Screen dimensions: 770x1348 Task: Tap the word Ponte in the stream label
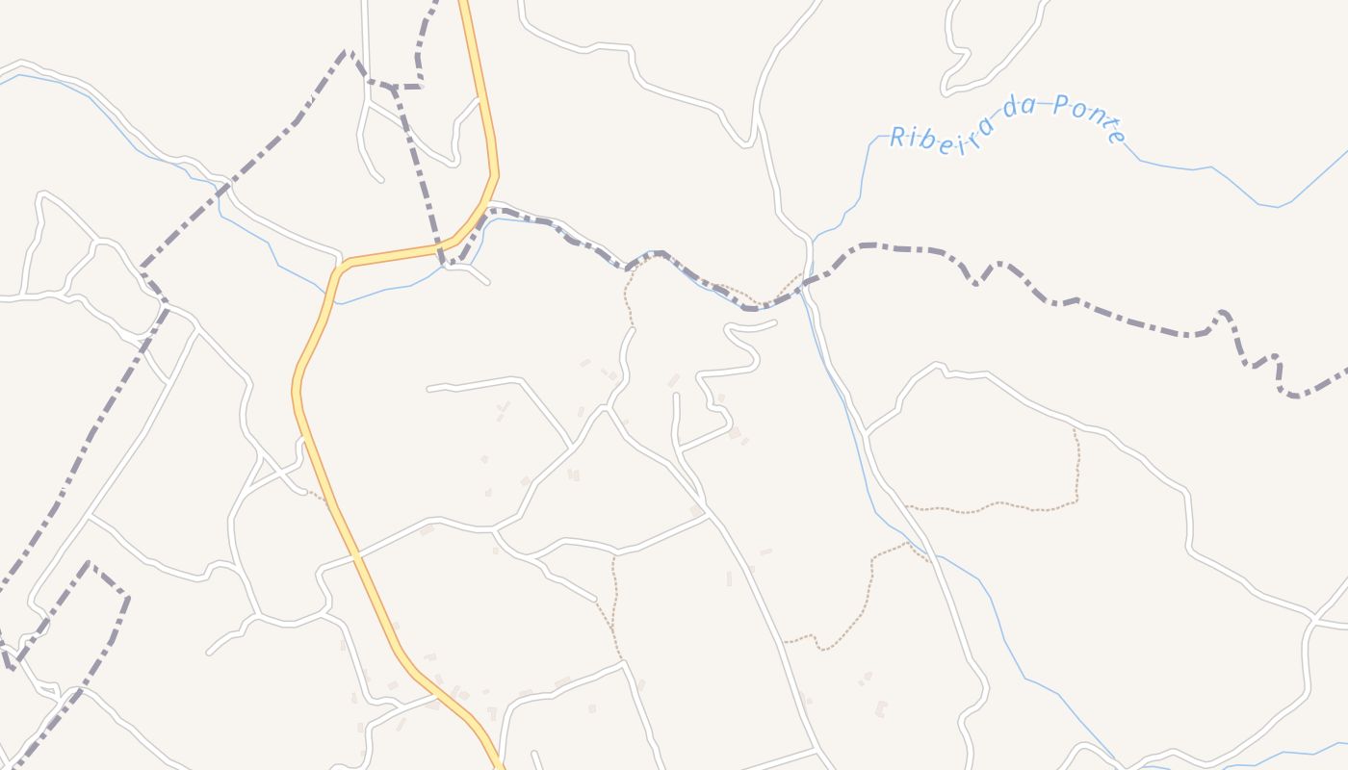click(1089, 116)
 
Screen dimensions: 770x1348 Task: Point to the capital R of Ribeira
click(897, 138)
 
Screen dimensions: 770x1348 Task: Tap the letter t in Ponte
click(1103, 123)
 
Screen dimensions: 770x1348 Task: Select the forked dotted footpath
click(613, 597)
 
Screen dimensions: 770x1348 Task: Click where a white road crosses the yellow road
click(357, 556)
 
